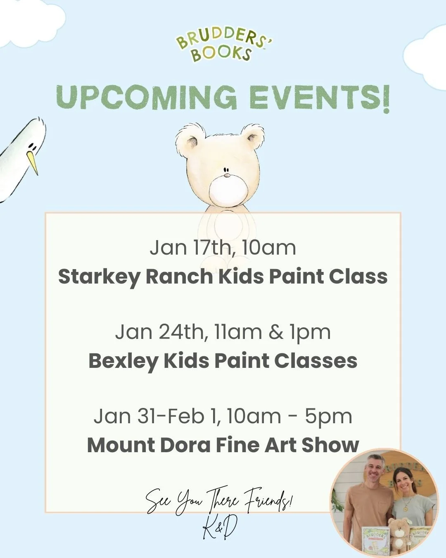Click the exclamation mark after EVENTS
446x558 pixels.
tap(384, 98)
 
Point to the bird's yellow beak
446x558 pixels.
tap(33, 162)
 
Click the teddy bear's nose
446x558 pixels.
tap(226, 175)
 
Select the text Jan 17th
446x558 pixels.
tap(190, 248)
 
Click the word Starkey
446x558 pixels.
tap(99, 277)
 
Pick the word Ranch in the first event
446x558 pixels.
tap(179, 276)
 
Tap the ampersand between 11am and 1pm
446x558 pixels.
tap(275, 332)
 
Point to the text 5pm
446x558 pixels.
tap(328, 416)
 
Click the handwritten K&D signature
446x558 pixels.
tap(220, 529)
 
